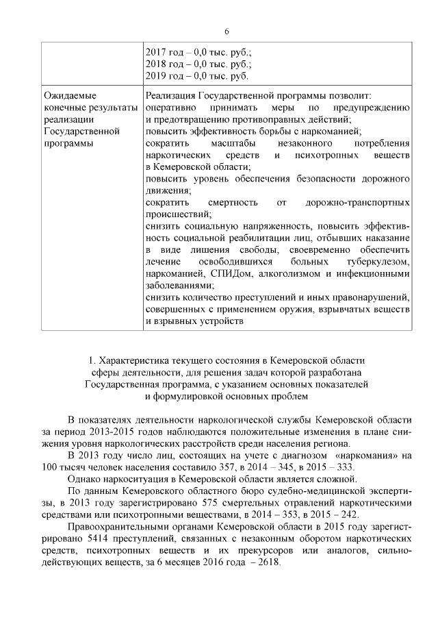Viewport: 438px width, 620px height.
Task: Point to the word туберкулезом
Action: click(376, 262)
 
